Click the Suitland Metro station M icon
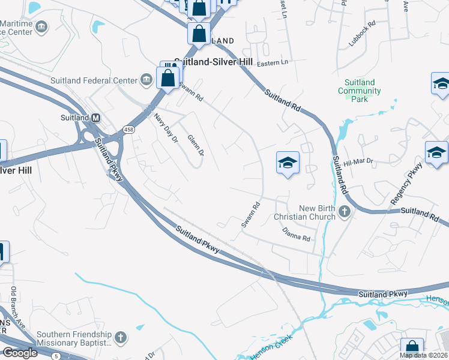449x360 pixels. [95, 118]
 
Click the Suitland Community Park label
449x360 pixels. [360, 91]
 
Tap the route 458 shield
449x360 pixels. [128, 129]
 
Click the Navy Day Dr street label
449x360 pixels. [166, 128]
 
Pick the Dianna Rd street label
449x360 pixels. [296, 234]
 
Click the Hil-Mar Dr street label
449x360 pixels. [358, 161]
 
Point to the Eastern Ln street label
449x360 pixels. [273, 62]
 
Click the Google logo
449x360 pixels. [20, 353]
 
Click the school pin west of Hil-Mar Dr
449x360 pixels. [288, 162]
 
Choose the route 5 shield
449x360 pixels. [56, 356]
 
